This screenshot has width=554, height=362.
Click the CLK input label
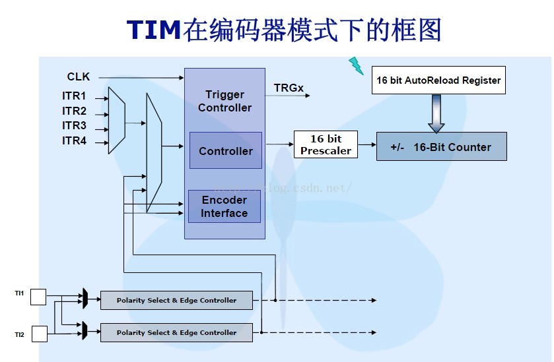tap(79, 77)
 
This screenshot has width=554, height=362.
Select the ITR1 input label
tap(74, 96)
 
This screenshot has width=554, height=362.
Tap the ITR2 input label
tap(74, 111)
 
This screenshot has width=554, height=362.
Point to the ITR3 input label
tap(74, 125)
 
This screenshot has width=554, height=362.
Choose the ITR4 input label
tap(74, 140)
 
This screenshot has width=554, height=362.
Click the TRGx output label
tap(289, 88)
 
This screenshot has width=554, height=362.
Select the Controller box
tap(226, 151)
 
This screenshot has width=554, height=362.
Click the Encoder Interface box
tap(225, 206)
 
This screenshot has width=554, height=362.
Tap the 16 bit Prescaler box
tap(326, 145)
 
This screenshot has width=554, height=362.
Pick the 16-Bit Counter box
tap(441, 147)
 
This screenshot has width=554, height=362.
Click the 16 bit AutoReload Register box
tap(438, 80)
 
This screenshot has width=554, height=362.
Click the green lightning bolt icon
tap(356, 65)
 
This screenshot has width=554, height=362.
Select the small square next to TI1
tap(38, 297)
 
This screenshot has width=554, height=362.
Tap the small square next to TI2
tap(39, 334)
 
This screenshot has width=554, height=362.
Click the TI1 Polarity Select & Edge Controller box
tap(176, 300)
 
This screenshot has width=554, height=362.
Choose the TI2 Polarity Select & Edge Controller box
tap(176, 332)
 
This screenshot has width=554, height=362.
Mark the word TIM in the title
tap(153, 30)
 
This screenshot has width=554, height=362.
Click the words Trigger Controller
tap(225, 101)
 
